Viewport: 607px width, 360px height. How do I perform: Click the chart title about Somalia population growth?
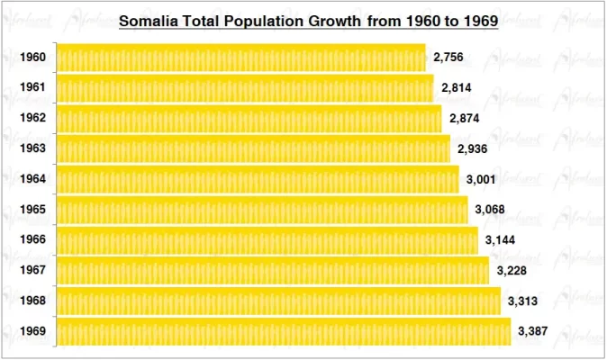point(309,20)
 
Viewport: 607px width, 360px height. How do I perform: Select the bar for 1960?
point(240,58)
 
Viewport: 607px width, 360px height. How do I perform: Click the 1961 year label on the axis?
point(33,88)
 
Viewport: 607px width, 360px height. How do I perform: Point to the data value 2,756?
point(448,58)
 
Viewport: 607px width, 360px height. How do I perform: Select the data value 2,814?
point(456,88)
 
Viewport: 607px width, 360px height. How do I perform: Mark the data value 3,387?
point(533,332)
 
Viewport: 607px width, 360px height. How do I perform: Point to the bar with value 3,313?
point(278,301)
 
